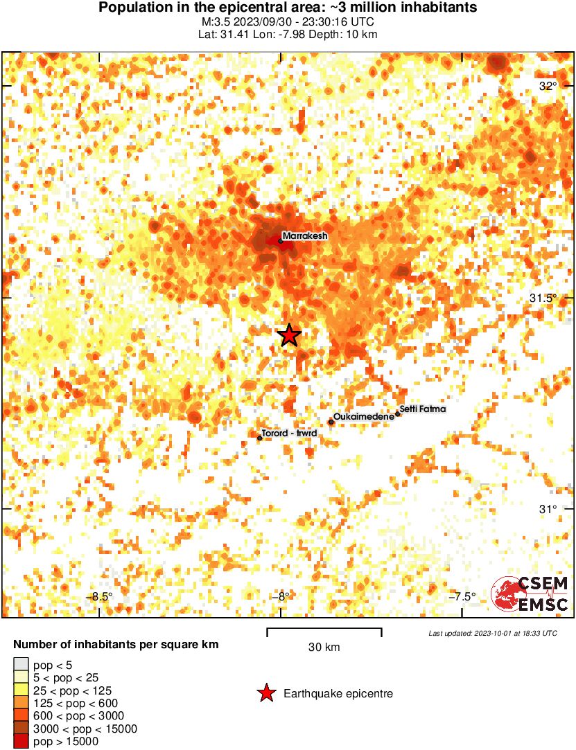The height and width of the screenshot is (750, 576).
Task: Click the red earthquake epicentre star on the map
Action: point(289,335)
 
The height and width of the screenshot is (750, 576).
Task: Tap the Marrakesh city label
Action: point(304,235)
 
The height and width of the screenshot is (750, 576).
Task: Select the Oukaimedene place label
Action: point(364,418)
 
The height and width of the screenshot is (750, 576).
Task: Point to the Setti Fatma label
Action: point(424,409)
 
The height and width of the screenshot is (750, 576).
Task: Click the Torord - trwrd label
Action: point(289,434)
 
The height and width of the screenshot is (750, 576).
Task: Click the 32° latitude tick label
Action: point(548,86)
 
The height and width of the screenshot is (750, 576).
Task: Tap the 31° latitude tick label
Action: point(548,509)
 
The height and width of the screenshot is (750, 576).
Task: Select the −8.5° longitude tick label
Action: point(99,597)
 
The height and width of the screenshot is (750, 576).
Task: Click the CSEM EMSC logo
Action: point(530,594)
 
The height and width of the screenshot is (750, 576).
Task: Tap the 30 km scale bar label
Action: point(324,648)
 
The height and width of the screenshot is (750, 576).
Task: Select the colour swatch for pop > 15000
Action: point(21,741)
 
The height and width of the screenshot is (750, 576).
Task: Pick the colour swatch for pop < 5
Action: point(21,666)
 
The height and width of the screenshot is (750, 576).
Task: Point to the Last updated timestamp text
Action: point(492,633)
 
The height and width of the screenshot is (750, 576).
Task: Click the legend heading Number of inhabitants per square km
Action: point(116,645)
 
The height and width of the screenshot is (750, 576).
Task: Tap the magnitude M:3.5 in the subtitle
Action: point(216,21)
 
